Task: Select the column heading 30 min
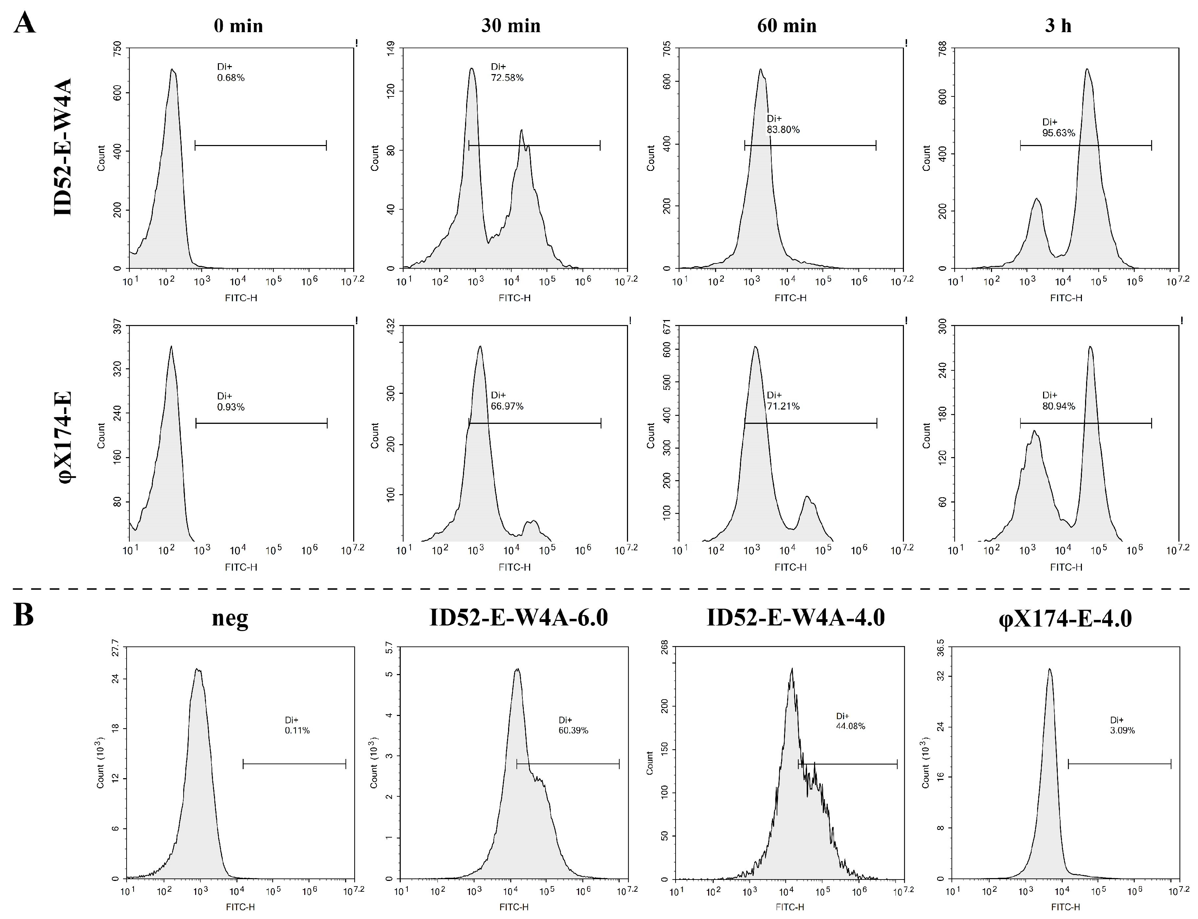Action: click(x=511, y=26)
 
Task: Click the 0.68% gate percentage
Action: click(x=230, y=78)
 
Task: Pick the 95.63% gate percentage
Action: click(x=1058, y=133)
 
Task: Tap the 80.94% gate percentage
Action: click(x=1058, y=406)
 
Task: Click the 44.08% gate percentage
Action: click(x=850, y=726)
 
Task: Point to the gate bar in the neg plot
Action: click(x=294, y=764)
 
